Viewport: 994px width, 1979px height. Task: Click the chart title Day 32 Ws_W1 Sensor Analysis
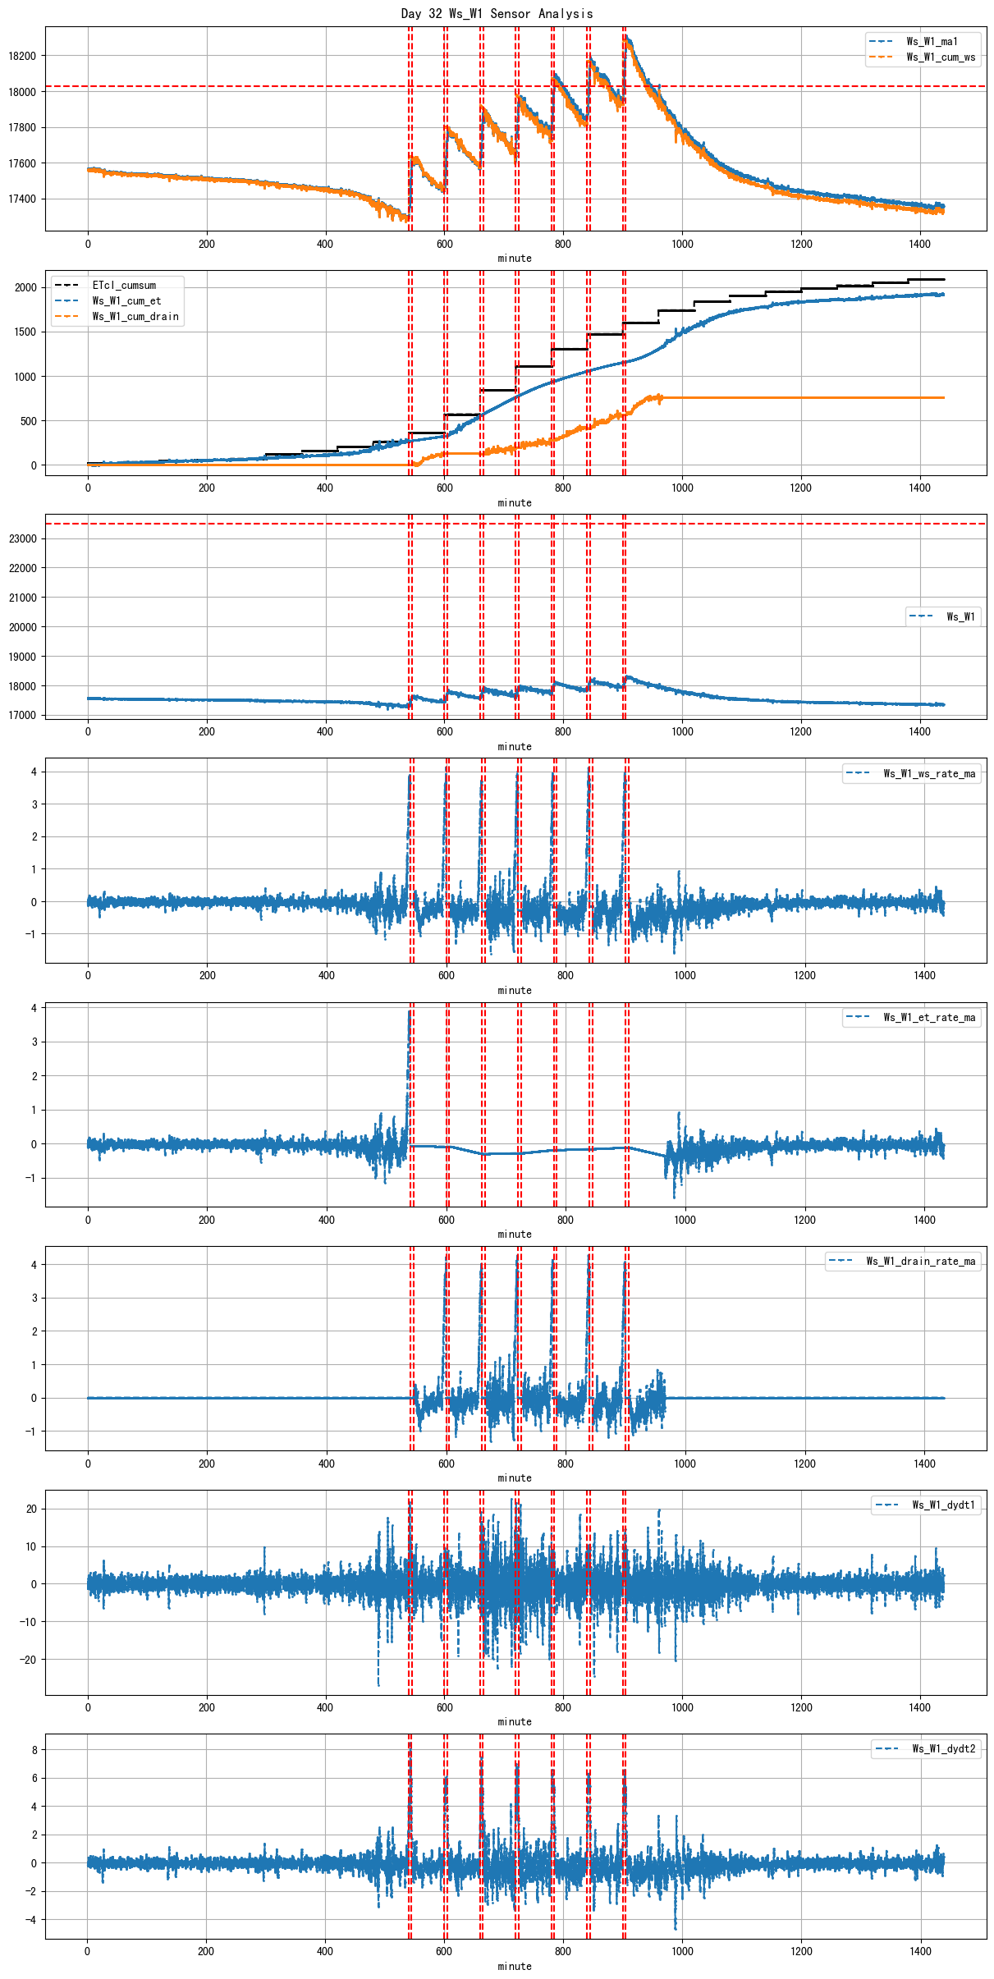pyautogui.click(x=497, y=13)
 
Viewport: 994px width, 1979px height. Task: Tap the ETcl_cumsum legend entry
pyautogui.click(x=123, y=285)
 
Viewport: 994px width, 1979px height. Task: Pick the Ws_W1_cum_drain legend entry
pyautogui.click(x=135, y=316)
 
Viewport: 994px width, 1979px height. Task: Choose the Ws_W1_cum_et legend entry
pyautogui.click(x=126, y=300)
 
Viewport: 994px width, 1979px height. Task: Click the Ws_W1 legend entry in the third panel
pyautogui.click(x=960, y=616)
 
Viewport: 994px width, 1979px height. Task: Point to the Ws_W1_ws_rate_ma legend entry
pyautogui.click(x=929, y=773)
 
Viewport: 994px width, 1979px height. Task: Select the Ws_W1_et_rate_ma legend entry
pyautogui.click(x=929, y=1017)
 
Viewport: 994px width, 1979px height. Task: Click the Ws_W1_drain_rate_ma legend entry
pyautogui.click(x=921, y=1261)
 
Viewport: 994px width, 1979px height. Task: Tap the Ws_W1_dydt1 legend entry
pyautogui.click(x=943, y=1505)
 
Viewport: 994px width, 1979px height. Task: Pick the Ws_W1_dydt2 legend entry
pyautogui.click(x=943, y=1748)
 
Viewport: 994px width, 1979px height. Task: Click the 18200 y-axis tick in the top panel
pyautogui.click(x=23, y=56)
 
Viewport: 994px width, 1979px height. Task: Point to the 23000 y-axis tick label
pyautogui.click(x=23, y=538)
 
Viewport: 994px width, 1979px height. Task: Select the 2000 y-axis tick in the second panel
pyautogui.click(x=26, y=287)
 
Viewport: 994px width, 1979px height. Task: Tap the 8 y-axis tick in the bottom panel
pyautogui.click(x=34, y=1749)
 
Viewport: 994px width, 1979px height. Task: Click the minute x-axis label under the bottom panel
pyautogui.click(x=515, y=1966)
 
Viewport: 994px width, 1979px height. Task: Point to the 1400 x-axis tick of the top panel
pyautogui.click(x=919, y=244)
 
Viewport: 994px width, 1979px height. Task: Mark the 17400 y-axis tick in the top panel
pyautogui.click(x=23, y=199)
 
